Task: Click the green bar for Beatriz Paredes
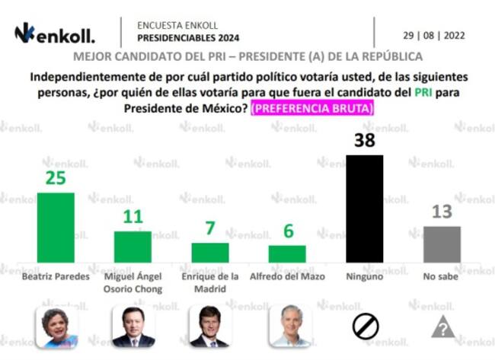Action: click(x=56, y=228)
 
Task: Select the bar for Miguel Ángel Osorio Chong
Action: click(x=133, y=247)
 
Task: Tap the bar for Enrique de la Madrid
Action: click(x=209, y=253)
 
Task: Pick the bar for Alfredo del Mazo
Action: click(x=287, y=253)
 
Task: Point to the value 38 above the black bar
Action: click(x=364, y=140)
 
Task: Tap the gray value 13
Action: click(x=442, y=212)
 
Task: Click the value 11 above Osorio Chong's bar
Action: click(x=133, y=217)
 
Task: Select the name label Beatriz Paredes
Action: click(x=56, y=276)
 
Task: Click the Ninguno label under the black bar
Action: click(x=364, y=276)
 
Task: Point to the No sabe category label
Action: click(x=442, y=276)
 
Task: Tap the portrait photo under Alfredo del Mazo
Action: click(x=287, y=327)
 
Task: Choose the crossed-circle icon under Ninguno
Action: click(x=365, y=327)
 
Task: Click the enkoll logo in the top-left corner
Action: click(x=55, y=33)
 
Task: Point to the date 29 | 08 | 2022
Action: click(x=434, y=35)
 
